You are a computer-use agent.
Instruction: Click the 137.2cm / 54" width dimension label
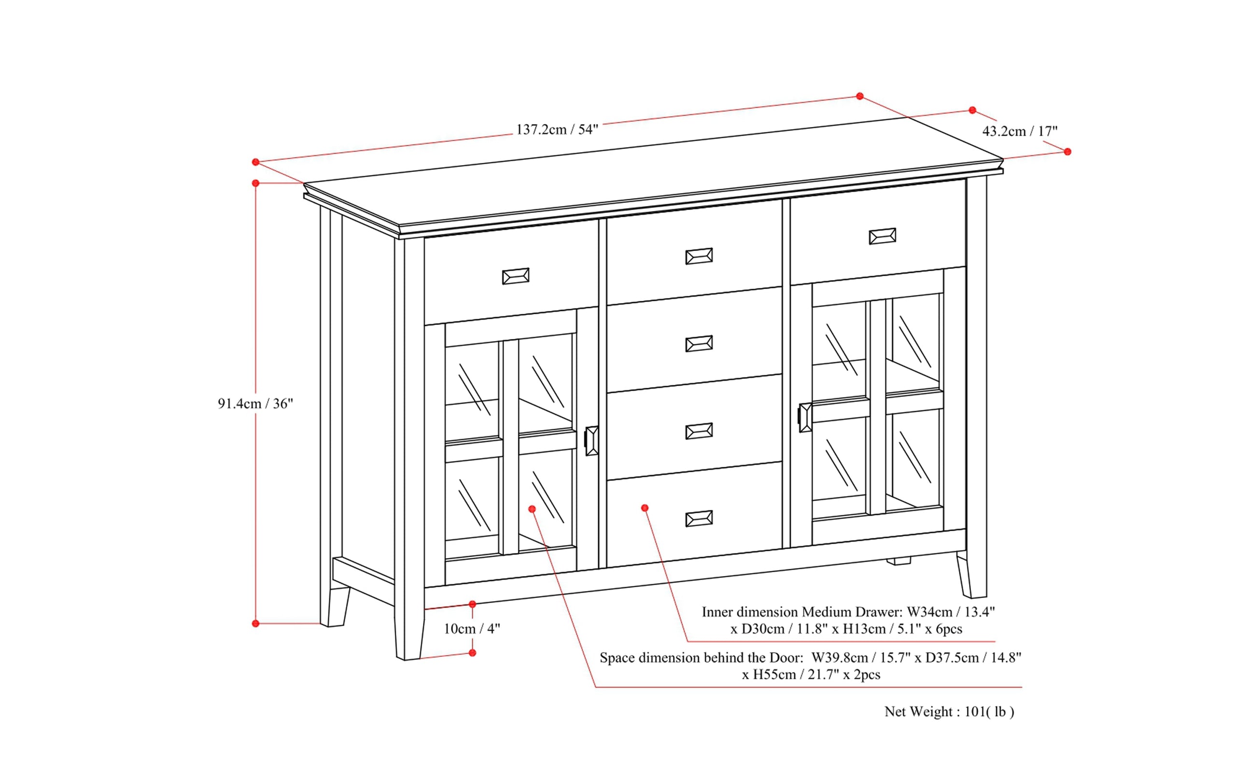[557, 129]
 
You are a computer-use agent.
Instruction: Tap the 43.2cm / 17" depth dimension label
[1020, 131]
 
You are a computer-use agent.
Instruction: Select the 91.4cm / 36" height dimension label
[255, 404]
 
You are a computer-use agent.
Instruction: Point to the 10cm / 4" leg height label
[471, 629]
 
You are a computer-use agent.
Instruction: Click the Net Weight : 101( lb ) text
[949, 712]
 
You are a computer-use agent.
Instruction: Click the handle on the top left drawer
[515, 276]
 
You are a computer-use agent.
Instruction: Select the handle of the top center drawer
[699, 256]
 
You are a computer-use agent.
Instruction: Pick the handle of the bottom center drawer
[699, 519]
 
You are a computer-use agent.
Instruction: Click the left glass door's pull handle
[591, 440]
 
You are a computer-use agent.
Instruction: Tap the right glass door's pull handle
[804, 418]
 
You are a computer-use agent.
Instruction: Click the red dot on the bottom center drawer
[645, 508]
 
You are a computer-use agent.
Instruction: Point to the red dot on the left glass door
[532, 509]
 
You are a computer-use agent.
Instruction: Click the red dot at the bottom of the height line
[256, 623]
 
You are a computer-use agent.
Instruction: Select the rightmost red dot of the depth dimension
[1067, 152]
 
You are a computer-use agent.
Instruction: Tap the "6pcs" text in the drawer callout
[949, 629]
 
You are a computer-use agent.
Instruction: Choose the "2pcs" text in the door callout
[867, 675]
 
